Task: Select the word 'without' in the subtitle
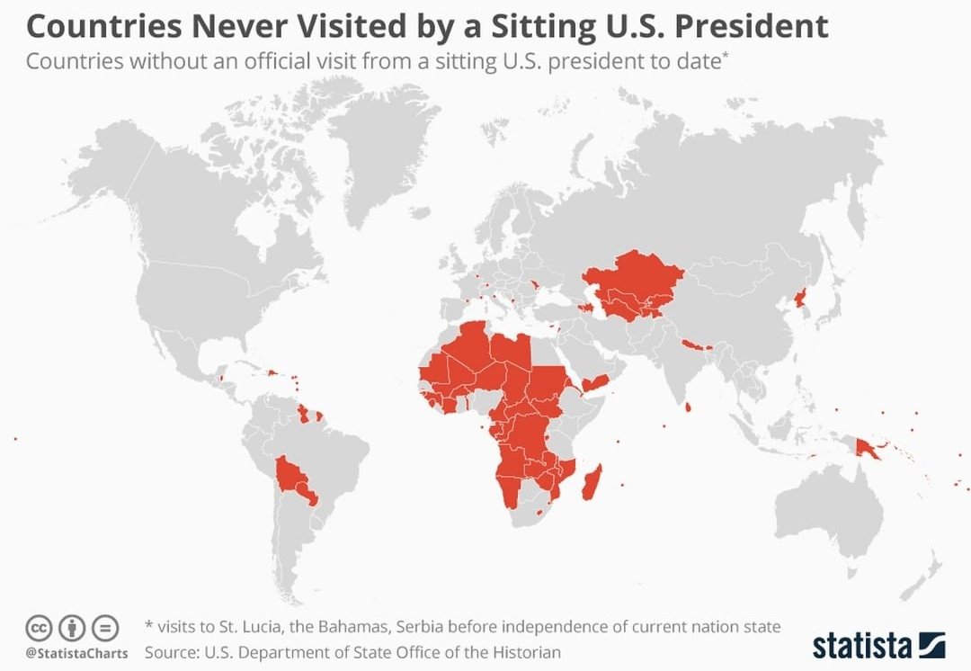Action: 165,63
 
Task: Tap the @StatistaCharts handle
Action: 76,653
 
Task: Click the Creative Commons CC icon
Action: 39,627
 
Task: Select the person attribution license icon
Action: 72,627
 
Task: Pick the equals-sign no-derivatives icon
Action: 105,627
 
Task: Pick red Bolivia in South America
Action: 292,477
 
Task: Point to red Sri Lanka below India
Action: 688,408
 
